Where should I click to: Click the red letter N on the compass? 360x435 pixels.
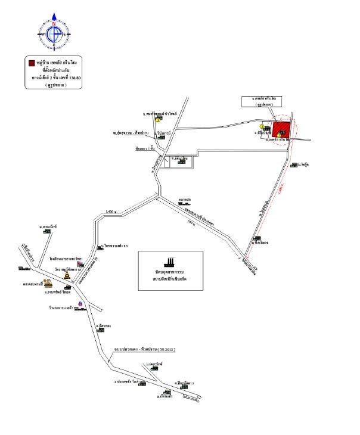(x=54, y=24)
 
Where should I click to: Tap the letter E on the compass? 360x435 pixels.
(x=64, y=35)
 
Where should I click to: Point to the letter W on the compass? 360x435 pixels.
(x=43, y=35)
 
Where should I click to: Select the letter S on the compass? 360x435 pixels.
(x=54, y=45)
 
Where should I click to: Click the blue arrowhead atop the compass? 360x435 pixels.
(x=54, y=16)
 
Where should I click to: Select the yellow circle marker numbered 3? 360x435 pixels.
(x=158, y=119)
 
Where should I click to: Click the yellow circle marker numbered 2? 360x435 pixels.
(x=262, y=126)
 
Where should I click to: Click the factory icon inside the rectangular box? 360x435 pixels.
(x=170, y=262)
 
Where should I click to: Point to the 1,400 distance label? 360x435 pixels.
(x=110, y=212)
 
